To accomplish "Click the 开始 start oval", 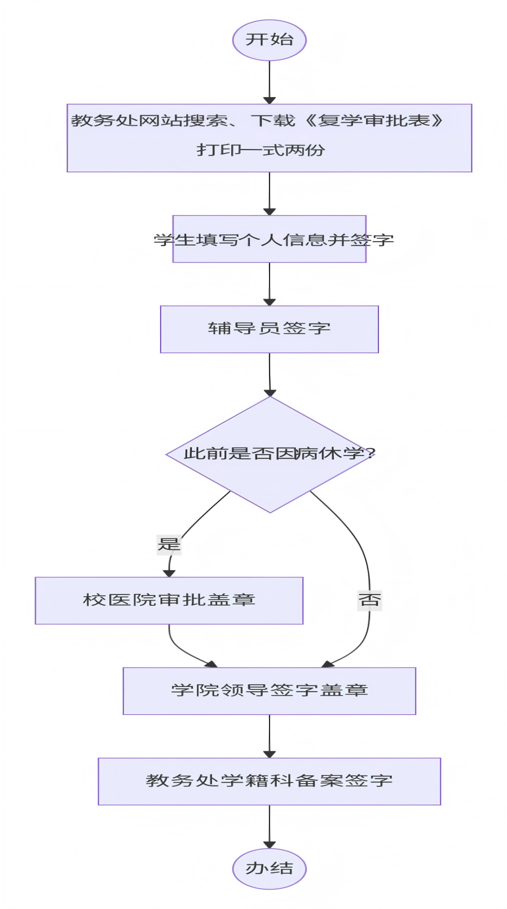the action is (269, 40).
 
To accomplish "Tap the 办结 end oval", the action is (269, 869).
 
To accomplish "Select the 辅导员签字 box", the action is (269, 329).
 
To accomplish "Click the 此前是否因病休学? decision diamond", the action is (270, 455).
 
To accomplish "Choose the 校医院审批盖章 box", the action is (169, 601).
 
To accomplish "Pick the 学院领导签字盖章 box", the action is (269, 691).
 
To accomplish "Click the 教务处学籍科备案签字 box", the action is (269, 781).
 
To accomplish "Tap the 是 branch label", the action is (169, 545).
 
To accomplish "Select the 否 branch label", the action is (369, 600).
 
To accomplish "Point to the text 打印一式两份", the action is (261, 150).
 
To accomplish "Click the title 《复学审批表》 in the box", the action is (373, 120).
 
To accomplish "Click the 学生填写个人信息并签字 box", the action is (269, 239).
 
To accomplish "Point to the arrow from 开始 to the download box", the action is (270, 82).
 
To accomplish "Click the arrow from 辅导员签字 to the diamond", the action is (270, 374).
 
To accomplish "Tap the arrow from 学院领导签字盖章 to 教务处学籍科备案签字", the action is (270, 736).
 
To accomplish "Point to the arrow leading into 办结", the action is (270, 827).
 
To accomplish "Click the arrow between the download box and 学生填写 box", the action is (270, 194).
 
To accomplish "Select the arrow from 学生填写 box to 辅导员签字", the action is (270, 284).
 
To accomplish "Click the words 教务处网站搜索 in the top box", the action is (149, 120).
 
